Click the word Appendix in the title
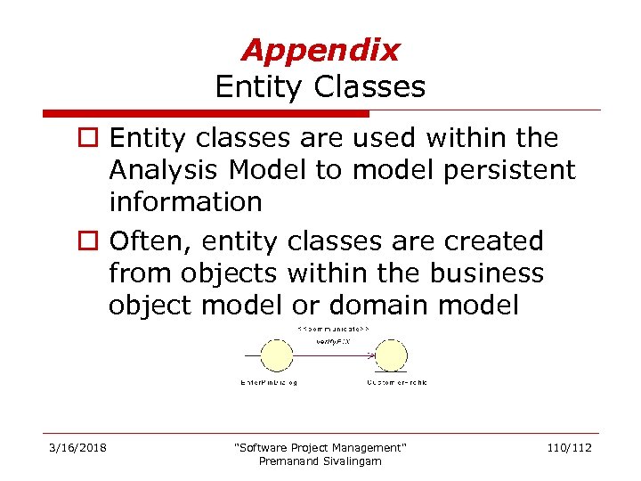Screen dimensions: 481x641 pos(320,50)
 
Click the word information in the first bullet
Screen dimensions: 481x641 pos(185,202)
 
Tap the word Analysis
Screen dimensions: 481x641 pos(165,170)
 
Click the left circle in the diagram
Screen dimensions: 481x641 pos(275,356)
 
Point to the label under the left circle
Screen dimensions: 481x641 pos(269,382)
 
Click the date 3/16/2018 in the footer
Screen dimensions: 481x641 pos(77,447)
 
